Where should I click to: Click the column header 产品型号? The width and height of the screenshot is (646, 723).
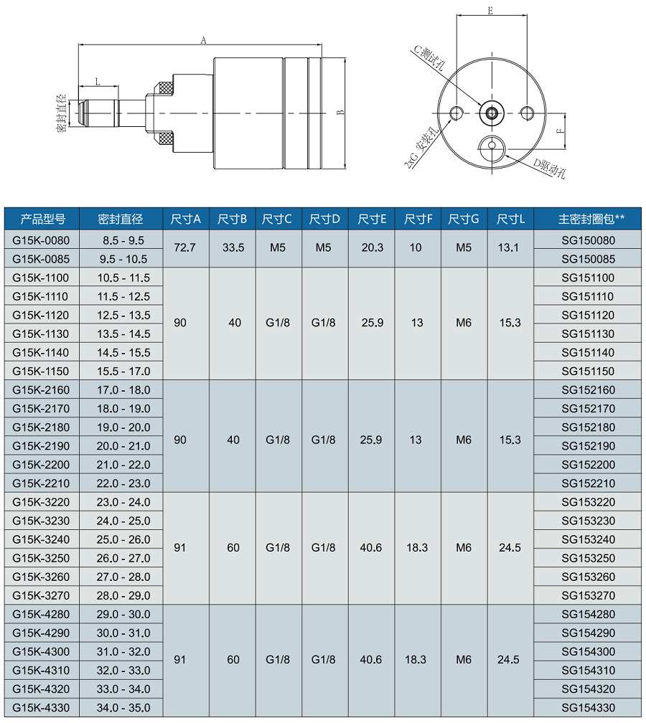(x=42, y=219)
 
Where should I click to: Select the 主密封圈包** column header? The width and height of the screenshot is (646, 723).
(x=591, y=219)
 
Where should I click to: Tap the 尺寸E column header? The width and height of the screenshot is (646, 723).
(x=372, y=219)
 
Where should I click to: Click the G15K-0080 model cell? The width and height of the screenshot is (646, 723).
(x=42, y=240)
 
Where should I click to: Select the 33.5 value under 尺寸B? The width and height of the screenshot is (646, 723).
(x=233, y=247)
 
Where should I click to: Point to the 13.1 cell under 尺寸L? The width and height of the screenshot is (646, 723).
(x=510, y=247)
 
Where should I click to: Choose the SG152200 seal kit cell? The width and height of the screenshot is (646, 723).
(x=588, y=464)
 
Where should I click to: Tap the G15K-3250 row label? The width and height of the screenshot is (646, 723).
(x=42, y=557)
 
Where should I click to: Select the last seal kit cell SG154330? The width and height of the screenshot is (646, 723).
(x=588, y=707)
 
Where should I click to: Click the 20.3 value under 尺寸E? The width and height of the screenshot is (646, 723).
(x=372, y=247)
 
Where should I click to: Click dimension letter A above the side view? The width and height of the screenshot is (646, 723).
(x=204, y=41)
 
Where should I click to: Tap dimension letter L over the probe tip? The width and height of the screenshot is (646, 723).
(x=97, y=82)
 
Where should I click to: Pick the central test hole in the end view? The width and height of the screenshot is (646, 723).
(x=492, y=111)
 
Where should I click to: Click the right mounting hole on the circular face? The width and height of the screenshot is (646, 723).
(x=528, y=112)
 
